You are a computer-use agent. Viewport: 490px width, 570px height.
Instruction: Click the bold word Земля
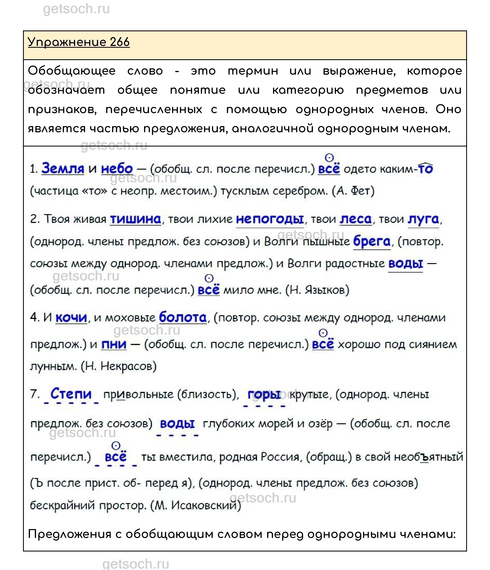coord(63,168)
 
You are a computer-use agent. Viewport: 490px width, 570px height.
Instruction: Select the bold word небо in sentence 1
coord(117,168)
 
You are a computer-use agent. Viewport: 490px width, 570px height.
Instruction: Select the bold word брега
coord(372,242)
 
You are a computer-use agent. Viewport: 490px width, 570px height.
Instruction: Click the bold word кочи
coord(71,318)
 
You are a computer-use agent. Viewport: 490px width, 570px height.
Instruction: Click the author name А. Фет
coord(353,191)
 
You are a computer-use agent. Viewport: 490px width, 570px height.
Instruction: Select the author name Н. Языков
coord(317,290)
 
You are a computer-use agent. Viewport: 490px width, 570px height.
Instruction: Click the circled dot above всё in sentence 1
coord(329,158)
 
